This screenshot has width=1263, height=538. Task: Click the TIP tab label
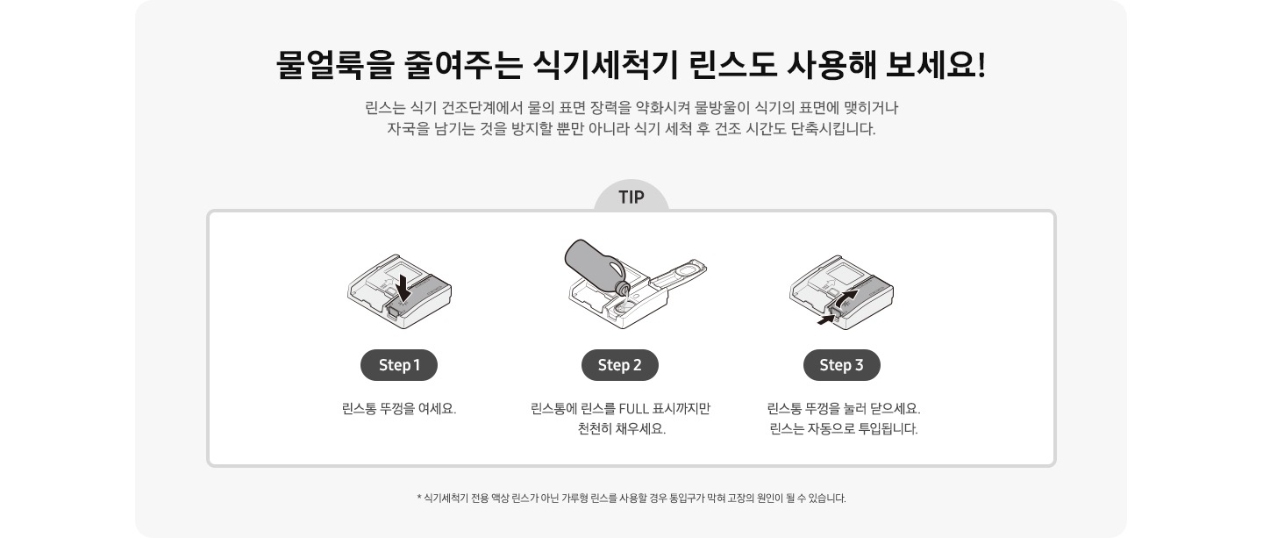pos(631,197)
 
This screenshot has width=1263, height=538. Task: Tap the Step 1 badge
pos(399,365)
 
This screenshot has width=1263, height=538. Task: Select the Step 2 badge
pos(620,365)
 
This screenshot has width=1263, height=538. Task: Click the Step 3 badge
pos(841,365)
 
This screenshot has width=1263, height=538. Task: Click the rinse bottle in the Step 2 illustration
pos(593,263)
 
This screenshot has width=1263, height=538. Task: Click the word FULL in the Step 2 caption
pos(636,409)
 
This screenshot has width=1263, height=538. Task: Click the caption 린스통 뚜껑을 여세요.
pos(399,409)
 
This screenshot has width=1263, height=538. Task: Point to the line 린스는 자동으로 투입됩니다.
pos(843,430)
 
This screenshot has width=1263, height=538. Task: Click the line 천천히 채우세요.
pos(621,430)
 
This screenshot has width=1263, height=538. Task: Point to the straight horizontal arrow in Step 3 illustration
pos(825,321)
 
